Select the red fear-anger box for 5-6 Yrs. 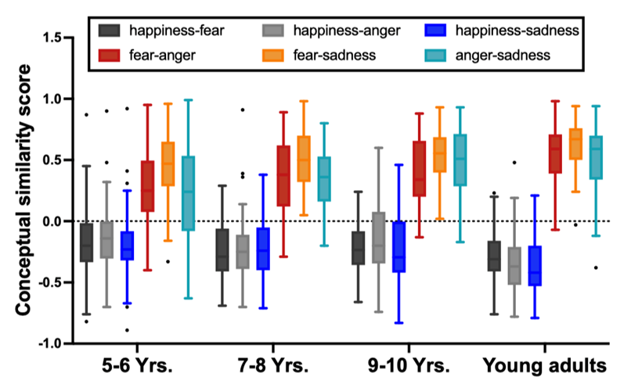pos(147,185)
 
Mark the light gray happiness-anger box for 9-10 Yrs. pos(377,237)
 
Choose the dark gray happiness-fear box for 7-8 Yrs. pos(222,250)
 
